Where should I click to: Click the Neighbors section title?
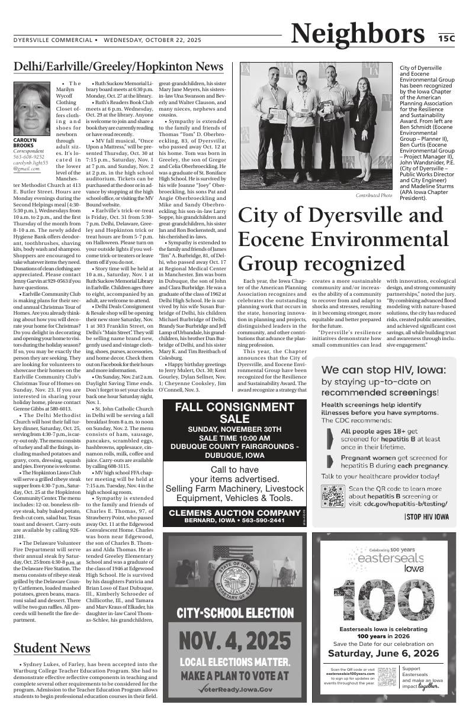357,34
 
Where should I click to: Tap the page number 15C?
446,38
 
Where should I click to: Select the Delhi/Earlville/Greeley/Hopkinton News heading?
118,66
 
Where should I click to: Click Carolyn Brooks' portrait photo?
32,108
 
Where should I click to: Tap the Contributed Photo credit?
374,195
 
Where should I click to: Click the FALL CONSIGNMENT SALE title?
234,412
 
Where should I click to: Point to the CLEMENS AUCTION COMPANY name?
234,512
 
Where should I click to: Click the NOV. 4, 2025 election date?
235,640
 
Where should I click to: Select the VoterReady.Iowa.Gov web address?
236,689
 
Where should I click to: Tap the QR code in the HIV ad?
333,496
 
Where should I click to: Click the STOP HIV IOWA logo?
426,516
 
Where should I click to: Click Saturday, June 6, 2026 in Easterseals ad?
383,653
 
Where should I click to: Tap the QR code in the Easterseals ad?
387,676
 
